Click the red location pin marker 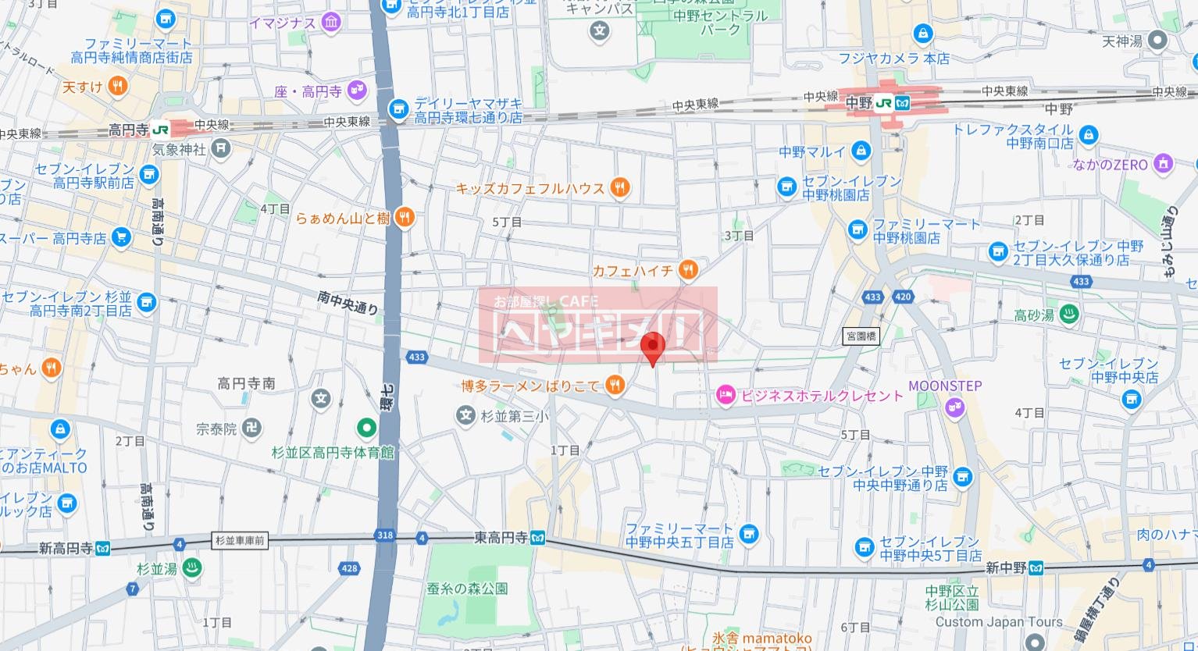(x=652, y=346)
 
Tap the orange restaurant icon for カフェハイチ (x=688, y=270)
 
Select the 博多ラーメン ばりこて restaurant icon (x=615, y=385)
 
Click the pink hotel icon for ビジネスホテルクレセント (x=726, y=396)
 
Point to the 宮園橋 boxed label (x=861, y=336)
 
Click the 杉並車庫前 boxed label (x=240, y=540)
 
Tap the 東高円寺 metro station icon (x=537, y=538)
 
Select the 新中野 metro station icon (x=1036, y=567)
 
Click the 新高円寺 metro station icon (x=103, y=549)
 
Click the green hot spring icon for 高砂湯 (x=1070, y=315)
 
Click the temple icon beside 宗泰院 (x=251, y=429)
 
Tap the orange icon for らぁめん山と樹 (x=404, y=218)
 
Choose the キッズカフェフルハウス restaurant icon (x=619, y=187)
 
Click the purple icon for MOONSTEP (x=954, y=406)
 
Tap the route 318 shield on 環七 (x=385, y=536)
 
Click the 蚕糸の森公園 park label (x=468, y=588)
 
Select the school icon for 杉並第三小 (x=466, y=415)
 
